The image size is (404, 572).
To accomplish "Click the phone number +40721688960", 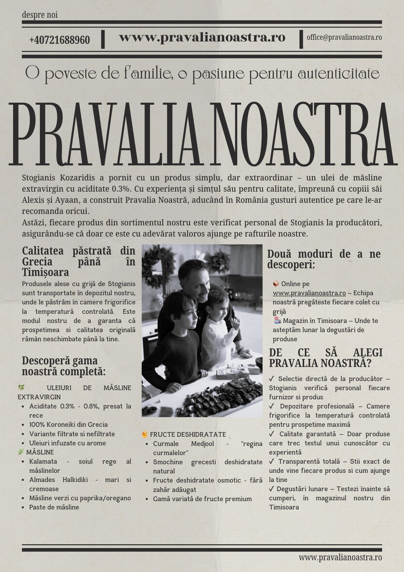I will point(59,40).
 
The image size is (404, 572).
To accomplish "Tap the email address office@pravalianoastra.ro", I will point(344,37).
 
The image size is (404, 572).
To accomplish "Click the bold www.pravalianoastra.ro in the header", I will point(202,37).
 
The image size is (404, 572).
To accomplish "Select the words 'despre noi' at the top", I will point(40,15).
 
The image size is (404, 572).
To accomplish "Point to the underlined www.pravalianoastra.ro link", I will point(309,293).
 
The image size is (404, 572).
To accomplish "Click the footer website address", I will point(340,557).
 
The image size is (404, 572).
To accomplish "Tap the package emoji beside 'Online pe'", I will point(276,284).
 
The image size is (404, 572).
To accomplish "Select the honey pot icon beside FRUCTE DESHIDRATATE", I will point(145,434).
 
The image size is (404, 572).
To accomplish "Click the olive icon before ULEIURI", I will point(21,388).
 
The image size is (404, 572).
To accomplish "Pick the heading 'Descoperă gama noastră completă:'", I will point(63,366).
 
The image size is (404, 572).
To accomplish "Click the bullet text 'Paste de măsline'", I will point(54,507).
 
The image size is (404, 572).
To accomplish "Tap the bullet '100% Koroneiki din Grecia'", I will point(68,424).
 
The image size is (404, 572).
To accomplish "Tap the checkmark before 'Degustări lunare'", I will point(271,489).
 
